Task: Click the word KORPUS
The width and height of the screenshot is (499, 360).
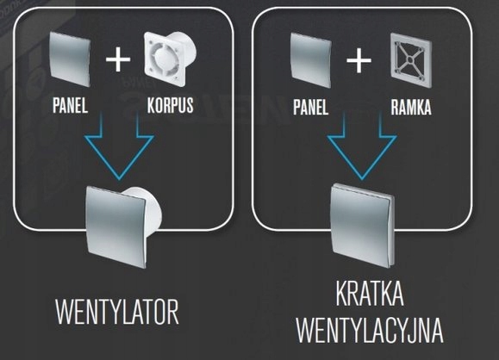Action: pyautogui.click(x=171, y=105)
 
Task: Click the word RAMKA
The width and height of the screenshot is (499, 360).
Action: pyautogui.click(x=411, y=107)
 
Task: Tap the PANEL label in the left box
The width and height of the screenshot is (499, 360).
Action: pyautogui.click(x=70, y=105)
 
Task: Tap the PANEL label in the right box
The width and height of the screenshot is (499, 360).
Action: pyautogui.click(x=310, y=107)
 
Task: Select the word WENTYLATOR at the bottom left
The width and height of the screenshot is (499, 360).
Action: pyautogui.click(x=117, y=312)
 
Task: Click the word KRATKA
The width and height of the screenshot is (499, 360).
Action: pyautogui.click(x=370, y=294)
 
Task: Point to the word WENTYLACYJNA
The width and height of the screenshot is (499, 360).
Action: pyautogui.click(x=370, y=330)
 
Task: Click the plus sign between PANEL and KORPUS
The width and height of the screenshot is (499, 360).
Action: pyautogui.click(x=118, y=59)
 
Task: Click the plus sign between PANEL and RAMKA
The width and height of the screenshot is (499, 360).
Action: pyautogui.click(x=359, y=60)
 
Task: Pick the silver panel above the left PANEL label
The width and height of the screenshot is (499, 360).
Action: pyautogui.click(x=70, y=59)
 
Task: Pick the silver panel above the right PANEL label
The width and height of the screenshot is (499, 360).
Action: pyautogui.click(x=311, y=60)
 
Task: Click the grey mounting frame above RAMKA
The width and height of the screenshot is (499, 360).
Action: pyautogui.click(x=411, y=60)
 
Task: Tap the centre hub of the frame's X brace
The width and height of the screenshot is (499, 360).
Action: pyautogui.click(x=410, y=59)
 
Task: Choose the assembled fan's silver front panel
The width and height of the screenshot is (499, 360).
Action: pyautogui.click(x=116, y=227)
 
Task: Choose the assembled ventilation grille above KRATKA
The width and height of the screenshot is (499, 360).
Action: pyautogui.click(x=363, y=225)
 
